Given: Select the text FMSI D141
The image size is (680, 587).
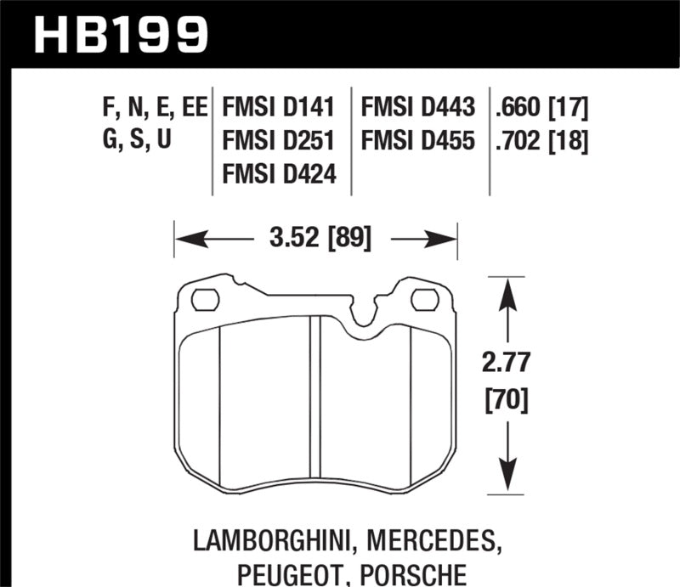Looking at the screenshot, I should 278,108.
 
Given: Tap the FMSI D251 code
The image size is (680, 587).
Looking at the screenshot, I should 278,140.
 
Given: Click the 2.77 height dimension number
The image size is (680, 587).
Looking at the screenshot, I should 507,363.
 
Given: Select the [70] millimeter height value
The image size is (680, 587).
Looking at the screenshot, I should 507,398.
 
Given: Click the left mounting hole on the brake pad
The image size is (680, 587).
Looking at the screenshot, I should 205,299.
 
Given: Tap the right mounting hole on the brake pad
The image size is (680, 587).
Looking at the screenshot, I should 424,299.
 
